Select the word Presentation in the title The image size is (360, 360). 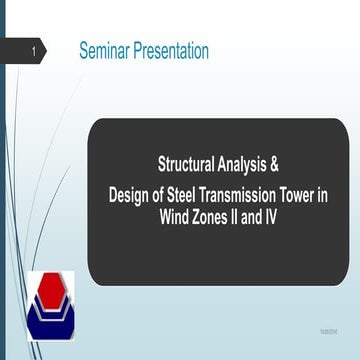point(177,51)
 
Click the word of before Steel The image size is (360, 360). point(164,194)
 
